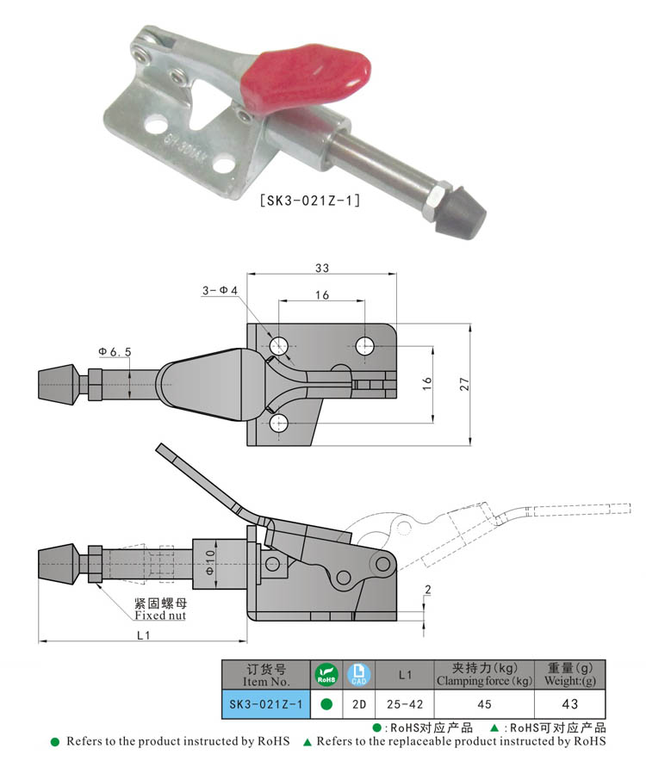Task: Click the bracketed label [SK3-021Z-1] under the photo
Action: [x=309, y=201]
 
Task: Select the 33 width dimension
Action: [x=322, y=268]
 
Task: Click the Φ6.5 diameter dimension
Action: [x=114, y=351]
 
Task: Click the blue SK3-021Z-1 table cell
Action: [x=265, y=704]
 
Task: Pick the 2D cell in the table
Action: [x=357, y=704]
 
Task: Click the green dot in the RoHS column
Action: [x=326, y=704]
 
